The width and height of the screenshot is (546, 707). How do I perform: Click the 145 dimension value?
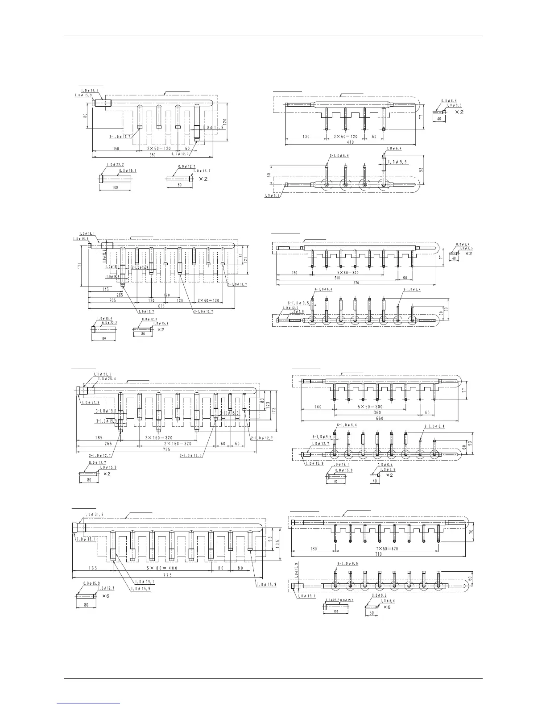click(106, 289)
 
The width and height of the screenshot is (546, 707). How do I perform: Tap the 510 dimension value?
click(337, 277)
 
